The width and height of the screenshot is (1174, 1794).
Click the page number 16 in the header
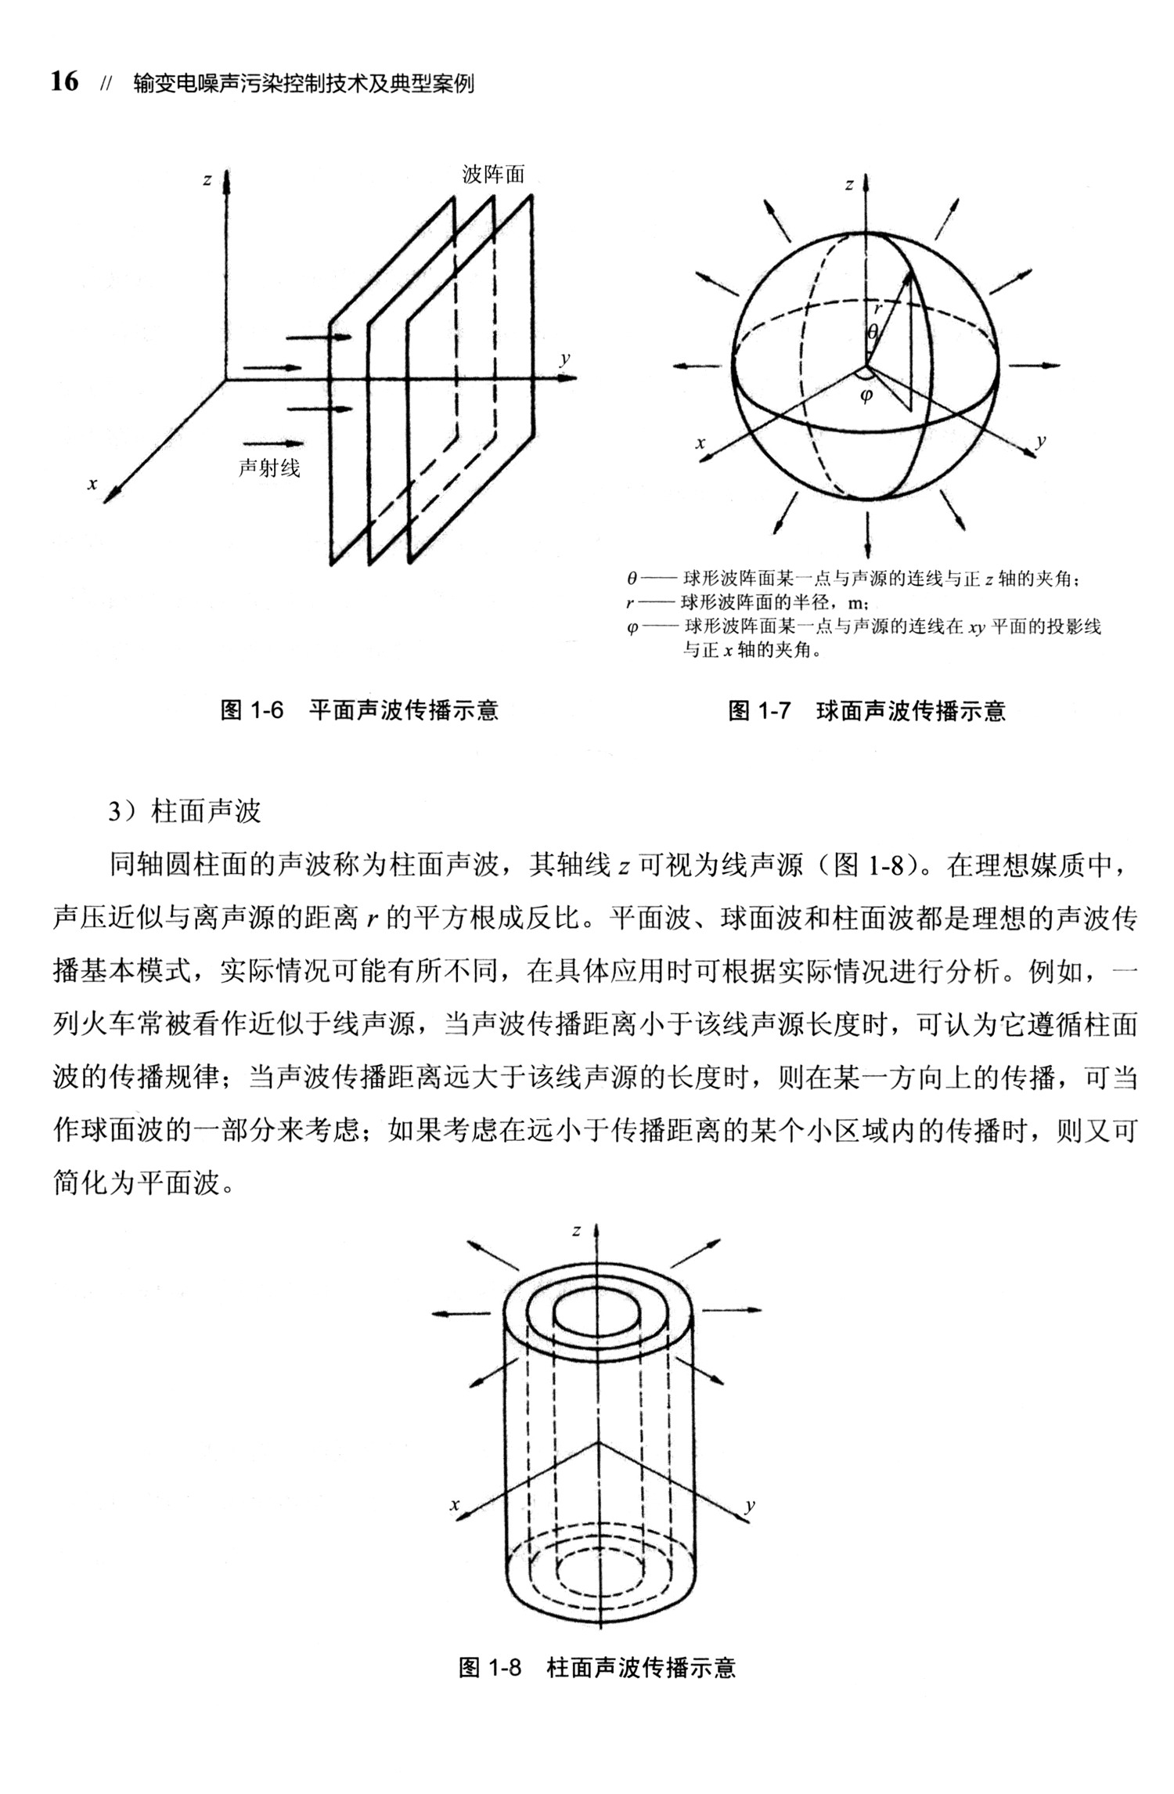click(65, 81)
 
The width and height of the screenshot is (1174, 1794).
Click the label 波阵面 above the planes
click(493, 174)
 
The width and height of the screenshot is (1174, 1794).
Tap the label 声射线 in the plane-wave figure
click(268, 467)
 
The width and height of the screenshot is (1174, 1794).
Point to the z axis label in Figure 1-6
click(207, 180)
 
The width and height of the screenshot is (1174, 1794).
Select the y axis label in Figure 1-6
click(564, 359)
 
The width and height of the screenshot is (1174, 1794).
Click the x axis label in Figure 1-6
click(92, 484)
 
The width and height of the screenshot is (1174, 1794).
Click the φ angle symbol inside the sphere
click(866, 397)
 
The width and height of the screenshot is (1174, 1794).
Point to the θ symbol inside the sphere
click(872, 332)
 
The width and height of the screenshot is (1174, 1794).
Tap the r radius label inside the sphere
click(878, 309)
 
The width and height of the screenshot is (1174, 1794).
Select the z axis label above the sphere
click(849, 186)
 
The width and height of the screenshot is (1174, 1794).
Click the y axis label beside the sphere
click(1040, 440)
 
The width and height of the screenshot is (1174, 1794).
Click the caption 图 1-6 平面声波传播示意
click(359, 710)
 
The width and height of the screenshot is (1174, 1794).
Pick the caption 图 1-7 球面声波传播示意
click(866, 710)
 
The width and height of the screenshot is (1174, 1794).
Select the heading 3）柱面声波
click(184, 811)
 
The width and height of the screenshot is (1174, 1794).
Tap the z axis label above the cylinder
click(577, 1230)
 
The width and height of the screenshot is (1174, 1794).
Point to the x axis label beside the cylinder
click(453, 1504)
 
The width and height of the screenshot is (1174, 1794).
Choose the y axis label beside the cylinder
click(750, 1504)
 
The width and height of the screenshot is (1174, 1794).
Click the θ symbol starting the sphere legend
click(632, 580)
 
